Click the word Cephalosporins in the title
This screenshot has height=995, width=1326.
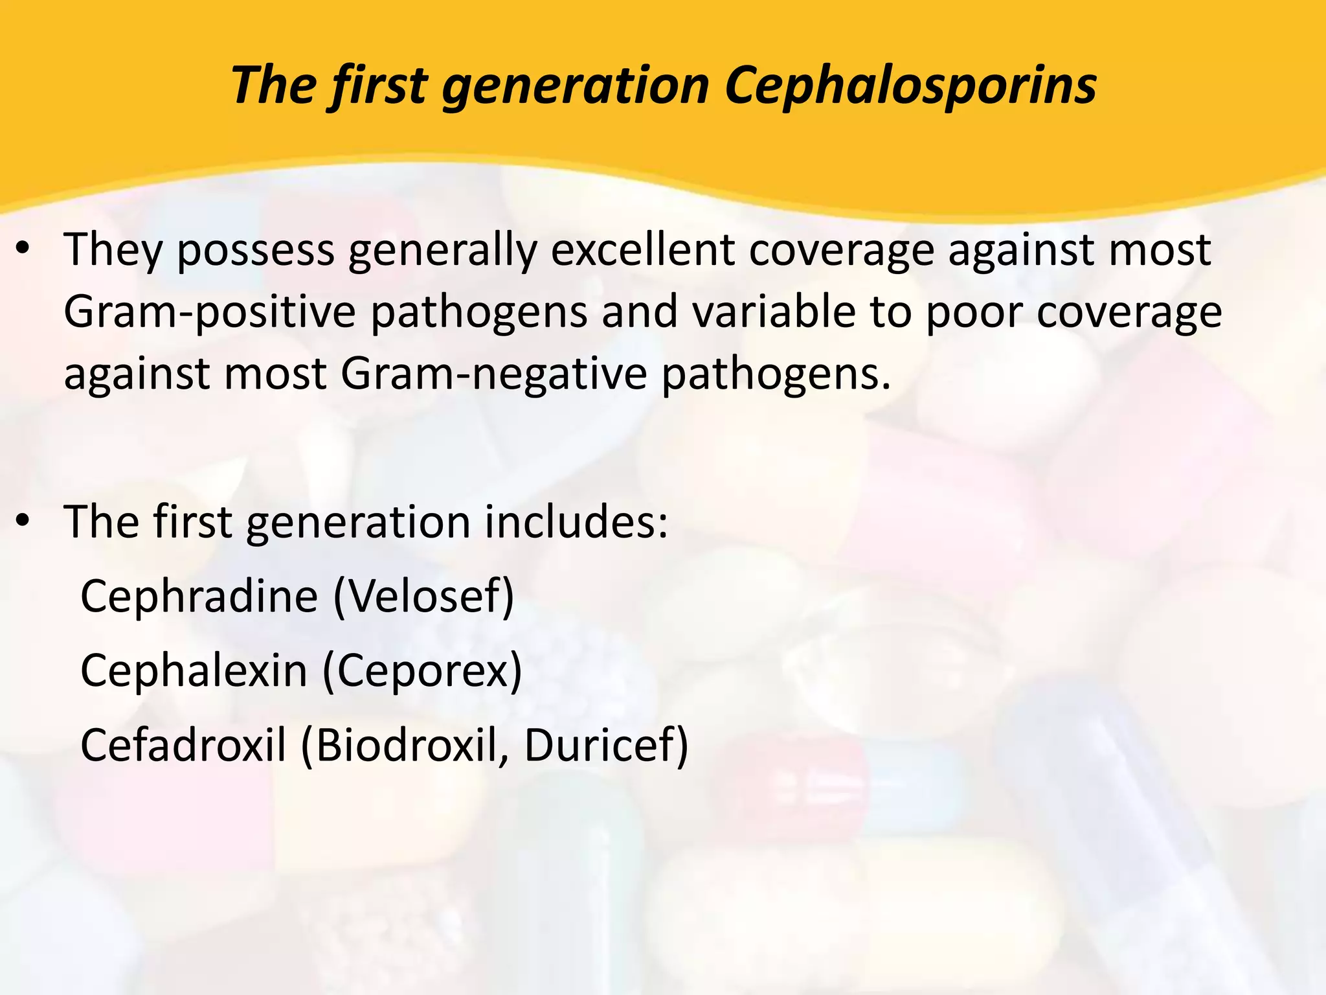[910, 86]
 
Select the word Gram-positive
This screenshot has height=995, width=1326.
[210, 312]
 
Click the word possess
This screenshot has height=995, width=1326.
[256, 250]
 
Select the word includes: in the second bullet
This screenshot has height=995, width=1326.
[576, 522]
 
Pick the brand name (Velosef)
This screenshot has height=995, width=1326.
[424, 596]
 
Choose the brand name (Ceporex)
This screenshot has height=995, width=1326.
[422, 671]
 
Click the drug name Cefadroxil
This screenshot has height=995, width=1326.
[183, 746]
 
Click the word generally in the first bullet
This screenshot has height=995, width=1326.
[443, 250]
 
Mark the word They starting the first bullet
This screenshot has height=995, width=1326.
[113, 250]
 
